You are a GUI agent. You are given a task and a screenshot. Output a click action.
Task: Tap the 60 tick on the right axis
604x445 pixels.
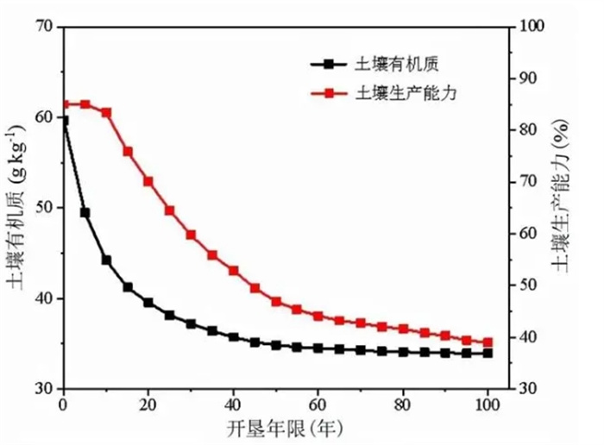tap(527, 234)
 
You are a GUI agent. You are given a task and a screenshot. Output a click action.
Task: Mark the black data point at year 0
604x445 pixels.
tap(64, 120)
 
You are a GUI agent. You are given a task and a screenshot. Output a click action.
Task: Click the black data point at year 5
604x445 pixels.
tap(85, 212)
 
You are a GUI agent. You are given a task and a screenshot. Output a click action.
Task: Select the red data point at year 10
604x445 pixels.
tap(106, 113)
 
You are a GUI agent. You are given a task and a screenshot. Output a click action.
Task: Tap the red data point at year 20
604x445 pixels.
tap(148, 182)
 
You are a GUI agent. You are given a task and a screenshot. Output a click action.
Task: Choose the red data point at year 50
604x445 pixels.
tap(276, 302)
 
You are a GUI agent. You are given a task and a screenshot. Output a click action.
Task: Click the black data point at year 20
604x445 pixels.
tap(148, 303)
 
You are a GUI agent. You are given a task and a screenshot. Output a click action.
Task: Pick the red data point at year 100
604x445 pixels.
tap(488, 342)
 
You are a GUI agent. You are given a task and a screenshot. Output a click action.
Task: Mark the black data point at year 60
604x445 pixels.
tap(318, 348)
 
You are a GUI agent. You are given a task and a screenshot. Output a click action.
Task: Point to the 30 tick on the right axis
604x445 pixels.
tap(527, 389)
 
